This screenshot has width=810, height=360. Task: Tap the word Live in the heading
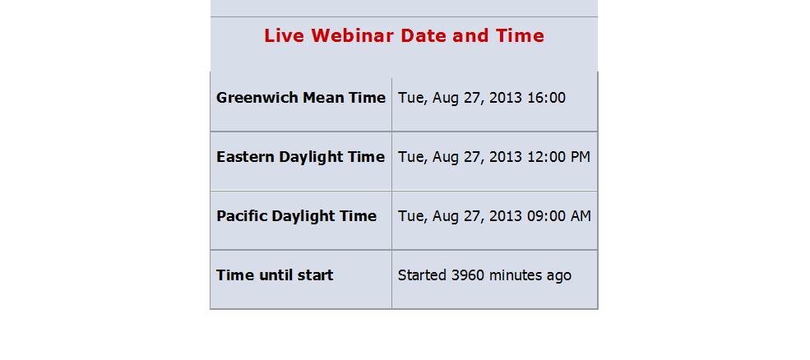285,35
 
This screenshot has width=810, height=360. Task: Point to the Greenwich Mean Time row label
301,98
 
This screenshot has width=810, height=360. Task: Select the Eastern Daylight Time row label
301,157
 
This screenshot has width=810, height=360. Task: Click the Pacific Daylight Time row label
297,216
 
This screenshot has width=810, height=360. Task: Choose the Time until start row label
275,275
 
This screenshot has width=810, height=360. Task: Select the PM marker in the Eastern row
580,157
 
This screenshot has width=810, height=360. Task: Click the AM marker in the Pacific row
581,216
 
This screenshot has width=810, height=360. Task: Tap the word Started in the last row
422,275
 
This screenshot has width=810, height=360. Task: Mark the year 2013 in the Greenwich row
506,98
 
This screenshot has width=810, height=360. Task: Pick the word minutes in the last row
515,275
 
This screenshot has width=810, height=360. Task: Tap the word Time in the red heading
520,35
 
